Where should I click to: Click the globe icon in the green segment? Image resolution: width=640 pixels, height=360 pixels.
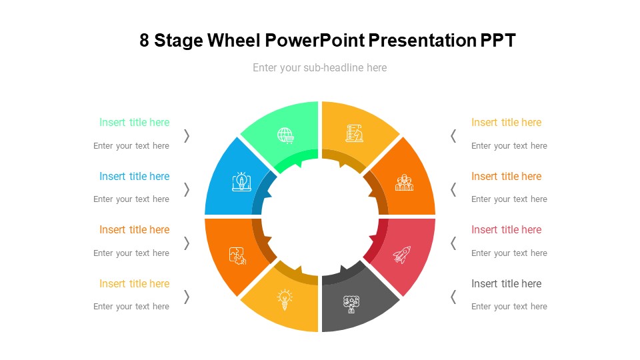pos(286,135)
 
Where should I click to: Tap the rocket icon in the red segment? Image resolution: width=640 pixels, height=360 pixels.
pos(402,255)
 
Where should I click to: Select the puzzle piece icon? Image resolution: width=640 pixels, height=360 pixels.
pos(237,256)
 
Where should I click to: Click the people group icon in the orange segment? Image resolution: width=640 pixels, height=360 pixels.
pos(404,183)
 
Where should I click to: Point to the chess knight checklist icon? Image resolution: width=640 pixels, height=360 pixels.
pos(354,133)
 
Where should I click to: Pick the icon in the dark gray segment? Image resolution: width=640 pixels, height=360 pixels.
pos(351,304)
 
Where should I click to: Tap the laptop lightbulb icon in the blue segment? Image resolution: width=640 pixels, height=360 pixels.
pos(241,181)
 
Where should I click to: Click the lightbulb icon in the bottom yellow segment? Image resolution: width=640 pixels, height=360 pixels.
pos(285,300)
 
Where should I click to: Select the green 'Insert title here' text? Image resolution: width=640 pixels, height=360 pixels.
pos(134,123)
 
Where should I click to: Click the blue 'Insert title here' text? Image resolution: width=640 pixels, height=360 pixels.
pos(134,176)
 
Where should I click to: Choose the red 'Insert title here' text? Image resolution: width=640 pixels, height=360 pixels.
pos(506,230)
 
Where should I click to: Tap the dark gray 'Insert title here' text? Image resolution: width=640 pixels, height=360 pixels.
pos(506,284)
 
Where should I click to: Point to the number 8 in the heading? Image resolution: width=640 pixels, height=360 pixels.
pos(144,41)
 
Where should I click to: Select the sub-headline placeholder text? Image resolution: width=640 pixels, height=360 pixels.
pos(319,68)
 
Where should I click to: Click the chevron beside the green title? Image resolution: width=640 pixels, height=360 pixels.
pos(187,136)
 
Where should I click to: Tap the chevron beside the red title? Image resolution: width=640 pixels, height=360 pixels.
pos(453,243)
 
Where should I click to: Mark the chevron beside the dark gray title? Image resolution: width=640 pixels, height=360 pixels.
pos(453,297)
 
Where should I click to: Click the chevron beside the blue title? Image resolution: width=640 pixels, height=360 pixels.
pos(187,189)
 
